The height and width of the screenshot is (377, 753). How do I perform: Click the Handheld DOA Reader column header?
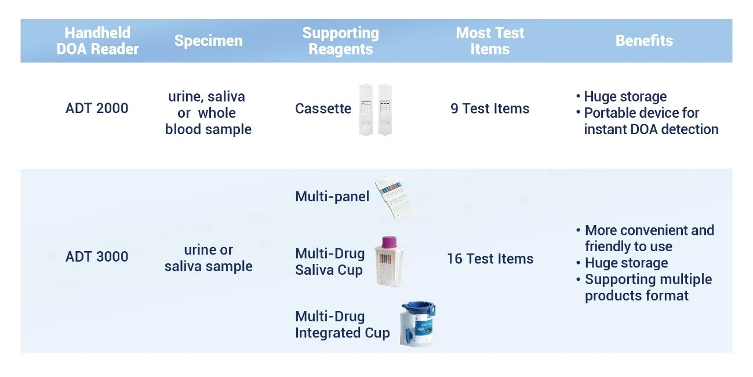point(97,41)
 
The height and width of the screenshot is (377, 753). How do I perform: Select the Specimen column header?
point(209,41)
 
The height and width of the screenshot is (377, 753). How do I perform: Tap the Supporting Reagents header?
point(340,41)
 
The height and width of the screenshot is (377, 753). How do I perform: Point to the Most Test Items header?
point(490,41)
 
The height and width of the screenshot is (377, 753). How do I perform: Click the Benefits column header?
point(644,41)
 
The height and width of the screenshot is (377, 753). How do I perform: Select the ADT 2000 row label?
point(97,108)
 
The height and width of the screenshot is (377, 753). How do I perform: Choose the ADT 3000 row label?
point(97,256)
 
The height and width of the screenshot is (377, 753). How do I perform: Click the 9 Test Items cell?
point(490,108)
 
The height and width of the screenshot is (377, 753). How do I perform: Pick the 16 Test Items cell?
point(490,259)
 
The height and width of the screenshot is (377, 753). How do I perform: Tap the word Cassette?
point(323,108)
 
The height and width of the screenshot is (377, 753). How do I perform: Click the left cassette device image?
point(366,110)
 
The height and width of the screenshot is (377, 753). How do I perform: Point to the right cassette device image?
point(385,110)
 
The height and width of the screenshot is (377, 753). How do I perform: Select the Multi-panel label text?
point(332,197)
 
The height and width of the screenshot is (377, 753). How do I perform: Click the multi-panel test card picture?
point(394,197)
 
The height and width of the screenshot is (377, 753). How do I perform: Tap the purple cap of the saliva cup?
point(390,242)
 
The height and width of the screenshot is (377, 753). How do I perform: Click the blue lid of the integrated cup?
point(418,309)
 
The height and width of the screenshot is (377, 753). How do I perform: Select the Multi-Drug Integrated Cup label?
point(342,325)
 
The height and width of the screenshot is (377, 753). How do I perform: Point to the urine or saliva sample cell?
point(209,258)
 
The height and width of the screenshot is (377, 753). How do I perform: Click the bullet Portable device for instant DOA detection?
point(647,121)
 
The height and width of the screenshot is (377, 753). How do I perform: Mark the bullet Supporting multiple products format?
point(644,288)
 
